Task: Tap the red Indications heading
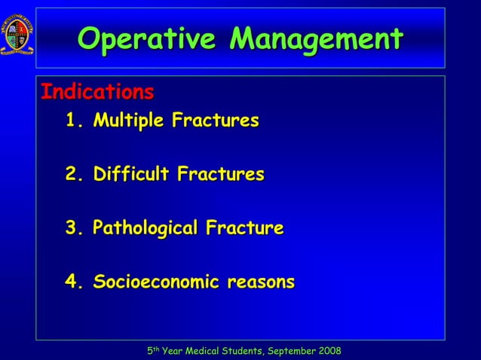click(97, 93)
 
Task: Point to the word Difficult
click(132, 175)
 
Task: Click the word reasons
click(261, 282)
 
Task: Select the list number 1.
click(72, 121)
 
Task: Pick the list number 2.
click(72, 175)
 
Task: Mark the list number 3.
click(72, 228)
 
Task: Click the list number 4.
click(72, 282)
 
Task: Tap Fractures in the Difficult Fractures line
click(220, 175)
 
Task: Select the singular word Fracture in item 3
click(246, 228)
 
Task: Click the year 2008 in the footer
click(329, 351)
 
